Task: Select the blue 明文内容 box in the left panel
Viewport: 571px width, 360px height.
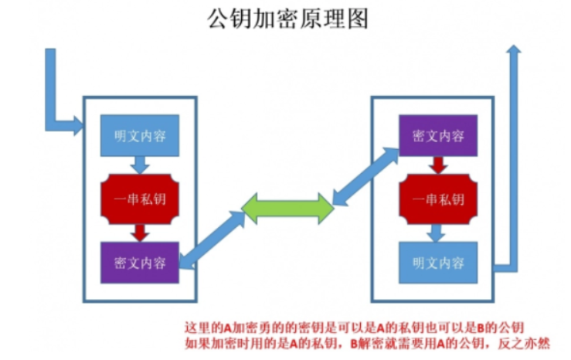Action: [140, 136]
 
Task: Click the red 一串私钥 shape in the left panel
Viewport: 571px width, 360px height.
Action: [140, 199]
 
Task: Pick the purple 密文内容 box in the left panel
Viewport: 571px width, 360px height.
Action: [140, 263]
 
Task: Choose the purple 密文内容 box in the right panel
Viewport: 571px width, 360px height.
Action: [438, 136]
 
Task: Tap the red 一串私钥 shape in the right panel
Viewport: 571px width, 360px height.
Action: [438, 199]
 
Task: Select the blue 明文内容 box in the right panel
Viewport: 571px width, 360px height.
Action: [438, 263]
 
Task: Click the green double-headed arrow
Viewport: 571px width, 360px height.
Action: [287, 208]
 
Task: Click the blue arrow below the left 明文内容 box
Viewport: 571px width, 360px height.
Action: [140, 165]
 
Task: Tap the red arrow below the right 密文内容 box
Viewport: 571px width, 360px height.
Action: [438, 165]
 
